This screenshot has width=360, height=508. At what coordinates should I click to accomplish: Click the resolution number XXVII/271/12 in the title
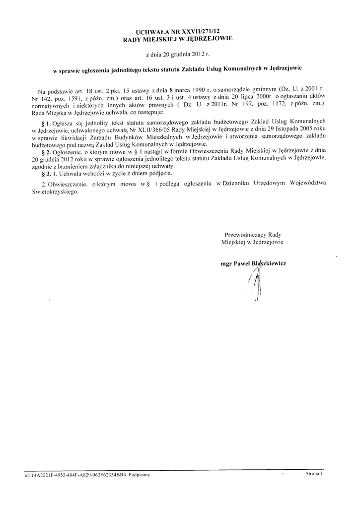point(201,31)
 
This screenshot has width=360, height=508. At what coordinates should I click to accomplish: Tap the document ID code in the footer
point(77,475)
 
